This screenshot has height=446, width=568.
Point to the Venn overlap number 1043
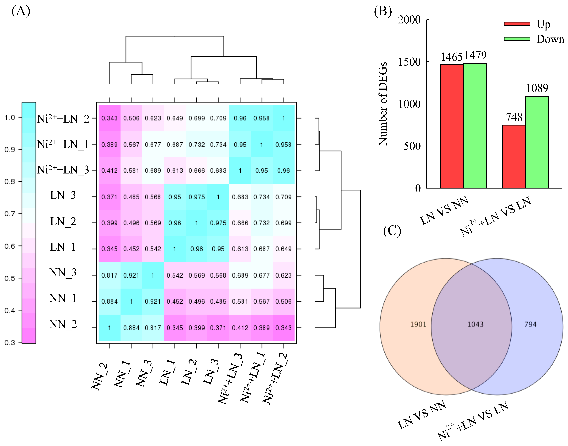[475, 324]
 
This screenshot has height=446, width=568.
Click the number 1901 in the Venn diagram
[418, 324]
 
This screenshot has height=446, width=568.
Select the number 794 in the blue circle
[530, 324]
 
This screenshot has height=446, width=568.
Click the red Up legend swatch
[517, 24]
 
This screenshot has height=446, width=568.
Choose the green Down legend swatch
[517, 39]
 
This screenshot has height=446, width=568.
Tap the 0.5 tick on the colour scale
[10, 278]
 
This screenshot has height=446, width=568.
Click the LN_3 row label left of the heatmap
[63, 195]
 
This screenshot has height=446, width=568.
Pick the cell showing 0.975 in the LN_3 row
[197, 197]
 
